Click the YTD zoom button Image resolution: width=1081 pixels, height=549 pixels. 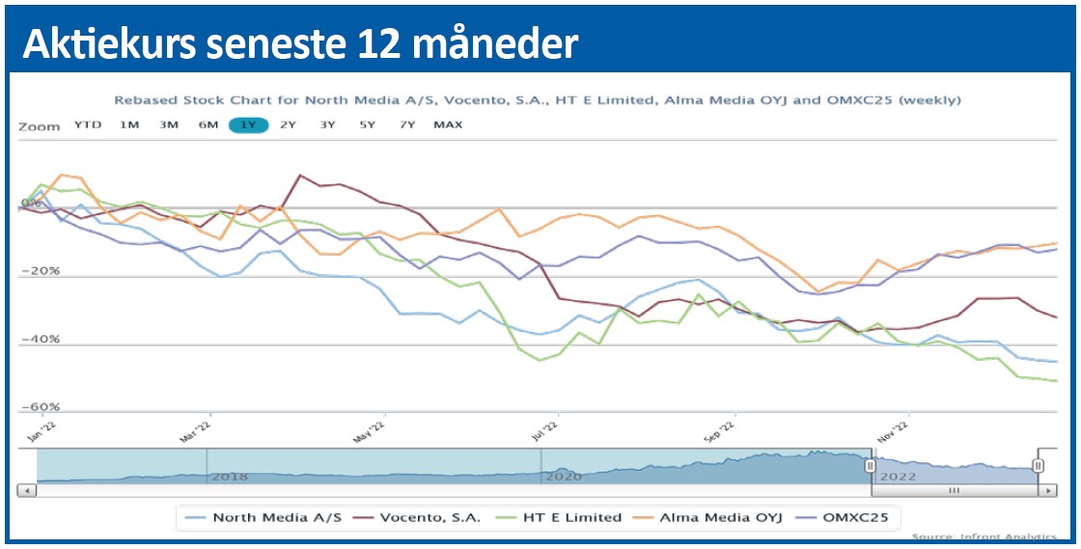88,124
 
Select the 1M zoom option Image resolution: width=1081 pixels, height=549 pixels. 129,124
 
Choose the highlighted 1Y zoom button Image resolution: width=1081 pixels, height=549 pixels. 248,124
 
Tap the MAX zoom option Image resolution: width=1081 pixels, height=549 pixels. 448,124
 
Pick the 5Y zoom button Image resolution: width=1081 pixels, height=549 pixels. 368,124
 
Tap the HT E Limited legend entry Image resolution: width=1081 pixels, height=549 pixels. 564,517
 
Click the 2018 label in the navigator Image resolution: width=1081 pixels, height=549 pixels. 230,477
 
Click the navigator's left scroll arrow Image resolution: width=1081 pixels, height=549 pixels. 27,490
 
